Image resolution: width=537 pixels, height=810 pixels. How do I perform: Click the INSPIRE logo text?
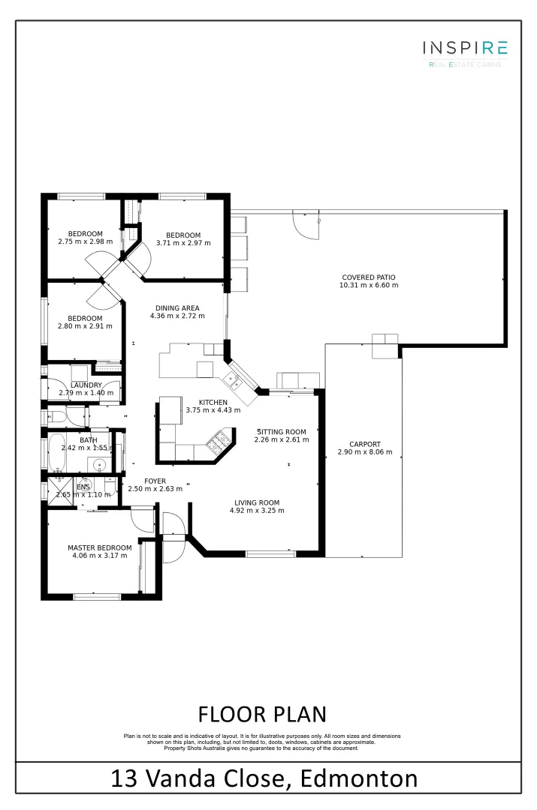(465, 48)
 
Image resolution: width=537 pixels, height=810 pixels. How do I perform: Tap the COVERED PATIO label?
(369, 277)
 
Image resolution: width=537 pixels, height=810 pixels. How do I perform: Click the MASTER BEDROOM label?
(99, 547)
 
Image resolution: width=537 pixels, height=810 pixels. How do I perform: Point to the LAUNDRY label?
(86, 385)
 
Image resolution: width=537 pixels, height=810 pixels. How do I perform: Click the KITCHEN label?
(213, 402)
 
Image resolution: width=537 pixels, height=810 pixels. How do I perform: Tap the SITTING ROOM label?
(282, 431)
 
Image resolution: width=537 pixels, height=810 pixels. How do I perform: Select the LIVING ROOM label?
(256, 502)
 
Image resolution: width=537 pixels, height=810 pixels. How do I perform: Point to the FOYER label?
(155, 481)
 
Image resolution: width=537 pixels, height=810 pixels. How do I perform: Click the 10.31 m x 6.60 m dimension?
(369, 286)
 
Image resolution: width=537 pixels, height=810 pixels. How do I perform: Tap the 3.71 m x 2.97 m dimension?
(183, 242)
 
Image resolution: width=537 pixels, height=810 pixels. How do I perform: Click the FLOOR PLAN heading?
(261, 712)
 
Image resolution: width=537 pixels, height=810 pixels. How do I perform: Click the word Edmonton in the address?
(359, 778)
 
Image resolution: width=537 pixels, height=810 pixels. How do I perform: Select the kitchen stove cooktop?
(222, 443)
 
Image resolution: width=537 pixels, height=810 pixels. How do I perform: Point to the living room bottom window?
(270, 554)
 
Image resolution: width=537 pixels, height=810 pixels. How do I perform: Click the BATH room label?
(88, 440)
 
